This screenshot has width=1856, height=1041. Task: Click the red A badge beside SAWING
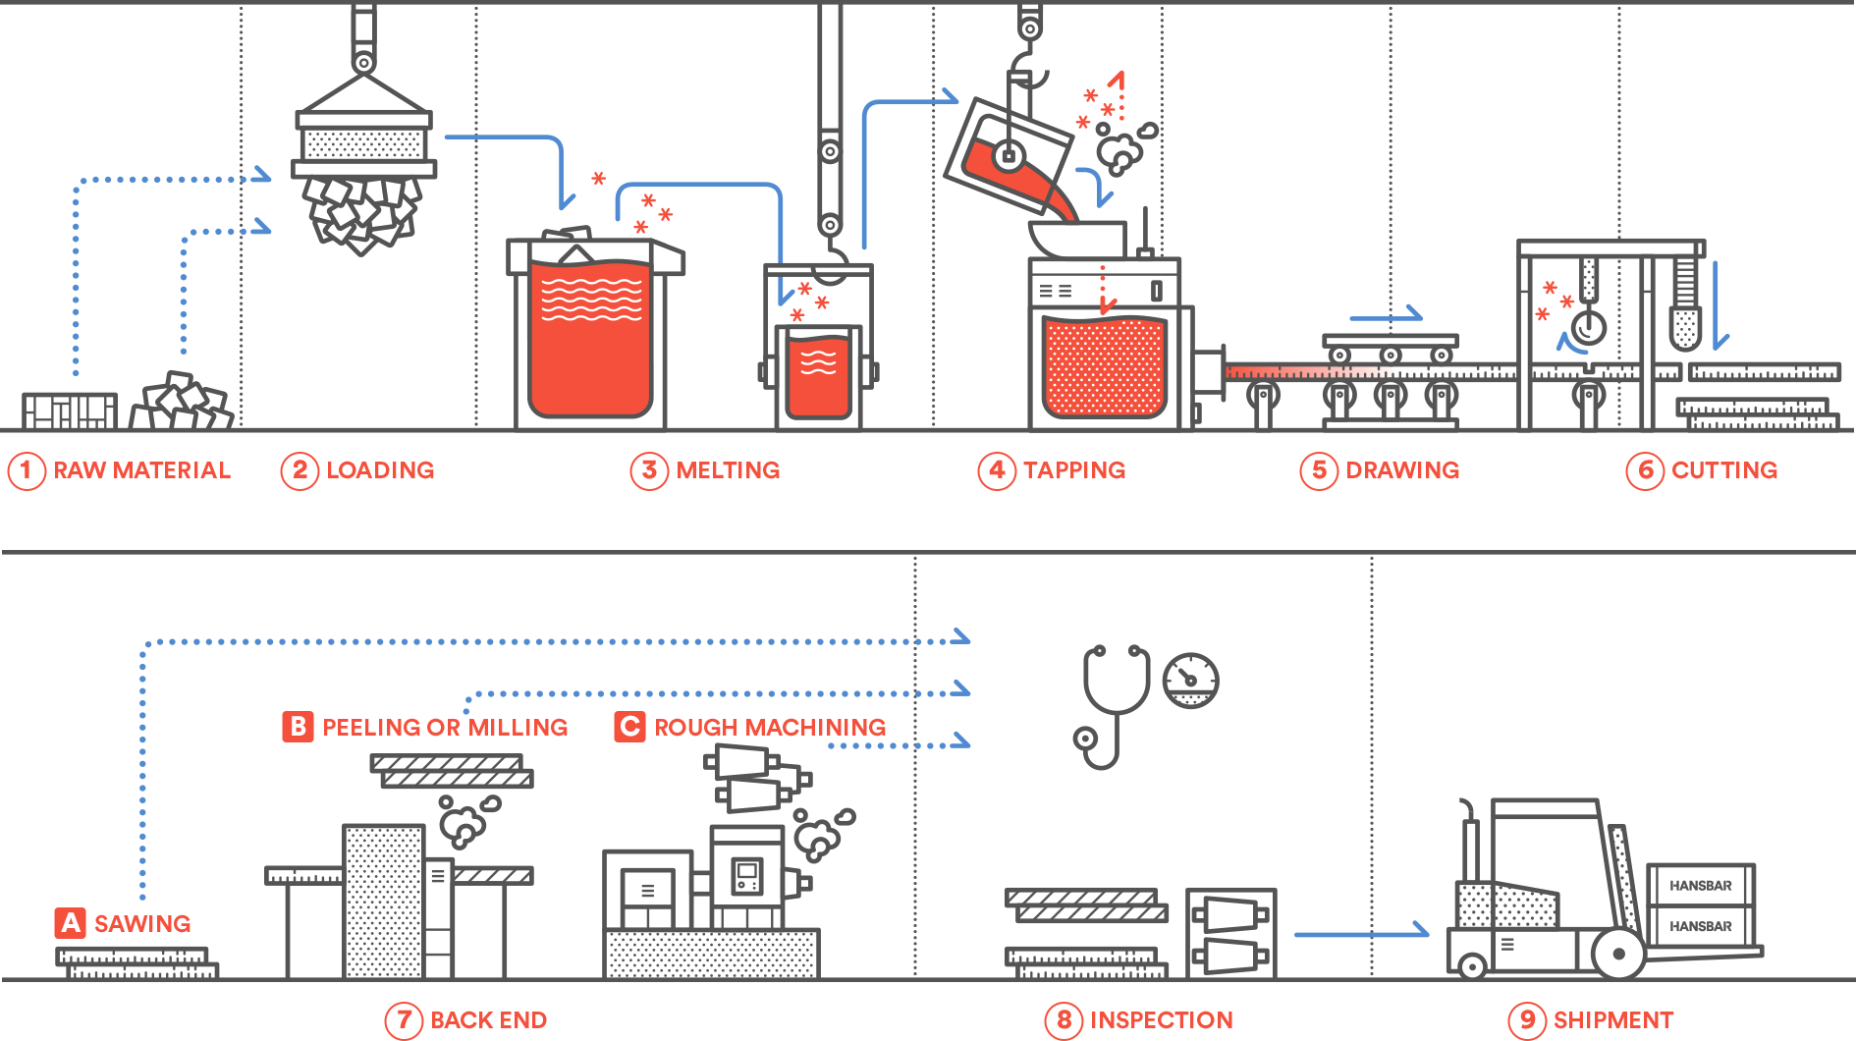pyautogui.click(x=70, y=923)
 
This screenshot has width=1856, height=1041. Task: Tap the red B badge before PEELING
pyautogui.click(x=298, y=727)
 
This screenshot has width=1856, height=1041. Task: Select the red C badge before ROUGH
pyautogui.click(x=629, y=727)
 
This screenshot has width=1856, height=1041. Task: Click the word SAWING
pyautogui.click(x=142, y=924)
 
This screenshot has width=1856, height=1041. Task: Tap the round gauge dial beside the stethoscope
pyautogui.click(x=1190, y=680)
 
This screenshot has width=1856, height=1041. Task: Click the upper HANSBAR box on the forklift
pyautogui.click(x=1700, y=886)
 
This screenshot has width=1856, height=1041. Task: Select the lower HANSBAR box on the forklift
pyautogui.click(x=1700, y=926)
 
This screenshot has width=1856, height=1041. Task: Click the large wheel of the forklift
pyautogui.click(x=1617, y=954)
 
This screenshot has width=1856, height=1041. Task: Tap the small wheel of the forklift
pyautogui.click(x=1471, y=966)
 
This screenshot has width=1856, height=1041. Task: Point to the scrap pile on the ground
pyautogui.click(x=181, y=403)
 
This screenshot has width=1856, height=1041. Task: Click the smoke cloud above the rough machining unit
pyautogui.click(x=821, y=834)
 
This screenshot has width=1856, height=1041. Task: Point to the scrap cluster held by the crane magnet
pyautogui.click(x=361, y=212)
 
